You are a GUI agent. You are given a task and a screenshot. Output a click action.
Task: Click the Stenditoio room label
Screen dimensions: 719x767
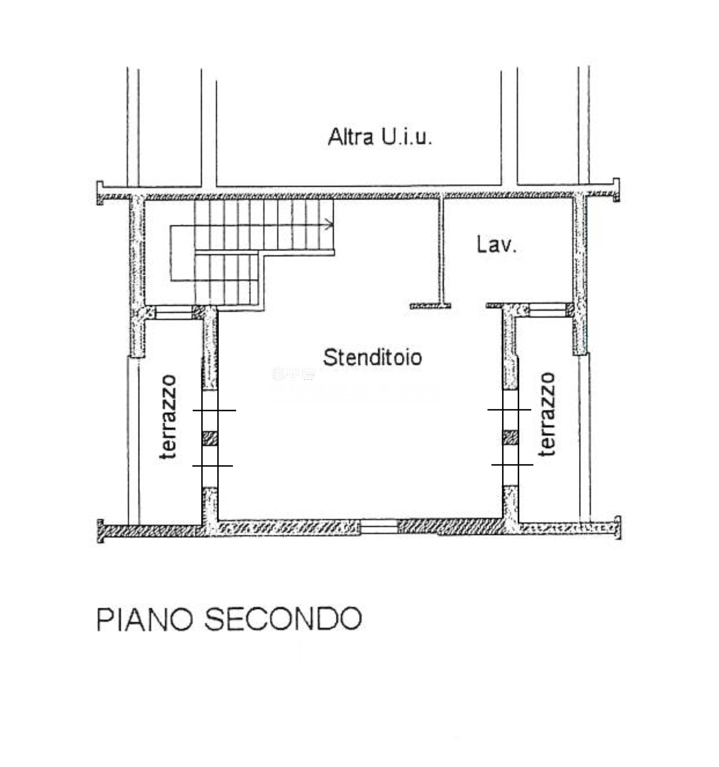372,357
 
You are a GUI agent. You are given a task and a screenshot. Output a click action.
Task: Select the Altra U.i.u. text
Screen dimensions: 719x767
380,137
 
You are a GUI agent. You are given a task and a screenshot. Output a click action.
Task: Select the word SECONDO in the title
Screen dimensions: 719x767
283,619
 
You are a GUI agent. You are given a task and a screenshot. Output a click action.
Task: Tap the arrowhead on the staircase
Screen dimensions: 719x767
329,224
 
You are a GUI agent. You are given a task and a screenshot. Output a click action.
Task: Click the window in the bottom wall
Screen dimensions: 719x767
379,527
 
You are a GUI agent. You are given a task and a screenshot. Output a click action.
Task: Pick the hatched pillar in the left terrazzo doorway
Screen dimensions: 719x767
210,439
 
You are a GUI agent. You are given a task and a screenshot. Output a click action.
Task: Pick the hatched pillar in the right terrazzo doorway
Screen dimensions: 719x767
510,438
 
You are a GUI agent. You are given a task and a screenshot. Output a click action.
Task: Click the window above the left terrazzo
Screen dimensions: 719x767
174,313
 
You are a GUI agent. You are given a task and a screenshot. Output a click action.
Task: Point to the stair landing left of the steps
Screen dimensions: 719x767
182,253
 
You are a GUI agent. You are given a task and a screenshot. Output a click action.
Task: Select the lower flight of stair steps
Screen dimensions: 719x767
226,279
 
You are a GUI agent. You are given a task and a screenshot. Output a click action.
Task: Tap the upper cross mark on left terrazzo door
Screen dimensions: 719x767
214,410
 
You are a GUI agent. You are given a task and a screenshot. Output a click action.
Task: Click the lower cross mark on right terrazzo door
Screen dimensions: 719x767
512,464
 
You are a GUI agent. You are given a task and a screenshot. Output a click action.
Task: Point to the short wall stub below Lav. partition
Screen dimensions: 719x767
430,306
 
